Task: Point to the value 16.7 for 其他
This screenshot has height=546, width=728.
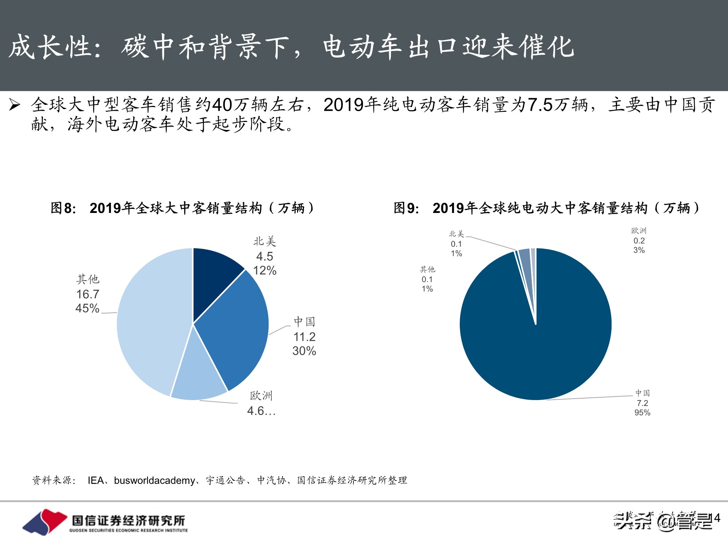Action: coord(88,294)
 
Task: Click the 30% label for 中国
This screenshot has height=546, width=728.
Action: coord(304,351)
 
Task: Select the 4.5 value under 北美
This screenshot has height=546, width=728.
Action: coord(265,256)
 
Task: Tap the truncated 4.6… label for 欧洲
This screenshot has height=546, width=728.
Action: coord(261,411)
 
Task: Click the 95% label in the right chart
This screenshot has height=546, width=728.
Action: coord(642,413)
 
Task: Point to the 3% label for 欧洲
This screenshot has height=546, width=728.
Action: coord(639,250)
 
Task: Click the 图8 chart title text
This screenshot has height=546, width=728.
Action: coord(182,208)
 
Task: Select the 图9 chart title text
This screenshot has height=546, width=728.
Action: coord(546,208)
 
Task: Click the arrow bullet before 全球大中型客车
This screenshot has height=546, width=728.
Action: coord(15,105)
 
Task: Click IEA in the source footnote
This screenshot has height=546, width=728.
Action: coord(96,480)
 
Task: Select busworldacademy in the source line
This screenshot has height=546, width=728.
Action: coord(154,480)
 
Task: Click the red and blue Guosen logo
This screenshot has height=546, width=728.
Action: coord(45,522)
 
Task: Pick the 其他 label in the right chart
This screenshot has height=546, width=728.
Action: coord(427,269)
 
